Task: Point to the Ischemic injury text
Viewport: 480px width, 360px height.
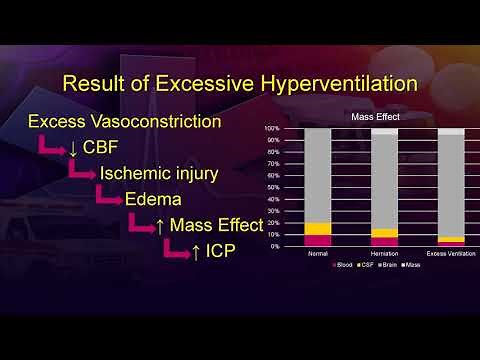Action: tap(158, 173)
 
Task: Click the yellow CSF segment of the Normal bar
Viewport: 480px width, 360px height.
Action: tap(318, 228)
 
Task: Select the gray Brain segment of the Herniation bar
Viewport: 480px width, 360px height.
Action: tap(384, 180)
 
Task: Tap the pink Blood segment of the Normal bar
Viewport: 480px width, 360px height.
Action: tap(318, 240)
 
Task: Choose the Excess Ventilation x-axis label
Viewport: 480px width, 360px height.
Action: tap(450, 254)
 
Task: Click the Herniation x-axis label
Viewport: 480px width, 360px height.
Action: tap(384, 254)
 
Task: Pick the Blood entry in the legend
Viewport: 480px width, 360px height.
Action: tap(343, 265)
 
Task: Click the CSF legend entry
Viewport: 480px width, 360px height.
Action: tap(366, 265)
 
